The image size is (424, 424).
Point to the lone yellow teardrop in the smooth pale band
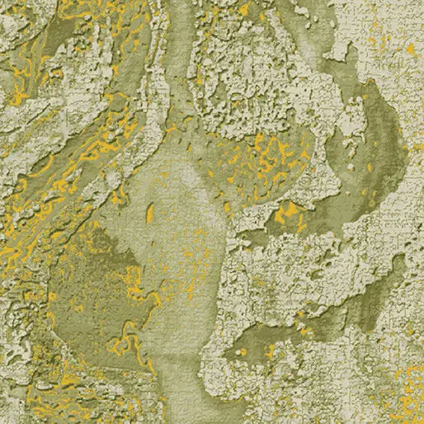click(x=149, y=214)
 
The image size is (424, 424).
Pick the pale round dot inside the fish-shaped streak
click(x=243, y=352)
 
